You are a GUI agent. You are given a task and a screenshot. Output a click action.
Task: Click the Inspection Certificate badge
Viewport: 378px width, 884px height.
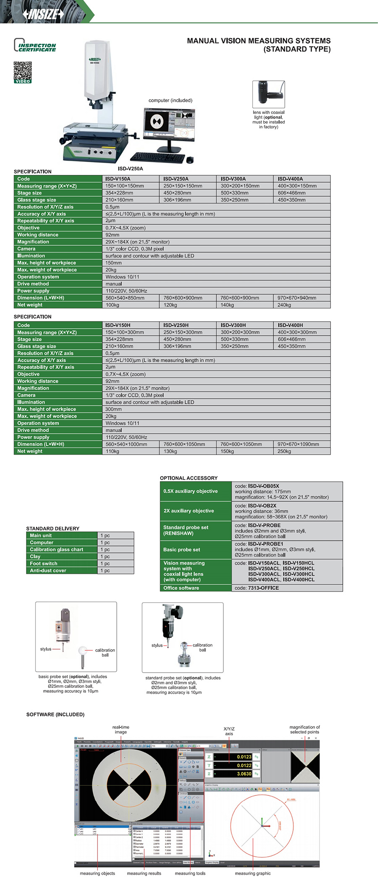(35, 46)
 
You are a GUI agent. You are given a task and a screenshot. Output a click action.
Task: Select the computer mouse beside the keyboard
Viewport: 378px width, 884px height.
(190, 160)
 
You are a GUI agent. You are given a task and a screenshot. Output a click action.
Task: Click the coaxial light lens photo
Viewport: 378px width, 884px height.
(268, 94)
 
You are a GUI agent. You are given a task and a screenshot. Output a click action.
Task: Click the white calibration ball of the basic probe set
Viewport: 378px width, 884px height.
(83, 651)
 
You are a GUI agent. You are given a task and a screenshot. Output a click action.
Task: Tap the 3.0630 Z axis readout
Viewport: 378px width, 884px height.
(244, 773)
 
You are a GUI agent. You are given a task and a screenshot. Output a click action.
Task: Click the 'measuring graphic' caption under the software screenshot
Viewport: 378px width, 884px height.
(253, 873)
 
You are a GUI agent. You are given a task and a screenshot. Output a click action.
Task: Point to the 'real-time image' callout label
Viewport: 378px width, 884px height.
(121, 729)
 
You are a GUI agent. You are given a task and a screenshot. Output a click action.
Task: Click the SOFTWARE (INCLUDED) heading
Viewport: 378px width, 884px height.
(55, 714)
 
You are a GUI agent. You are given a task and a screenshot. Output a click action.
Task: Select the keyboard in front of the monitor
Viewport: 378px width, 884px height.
(157, 158)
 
